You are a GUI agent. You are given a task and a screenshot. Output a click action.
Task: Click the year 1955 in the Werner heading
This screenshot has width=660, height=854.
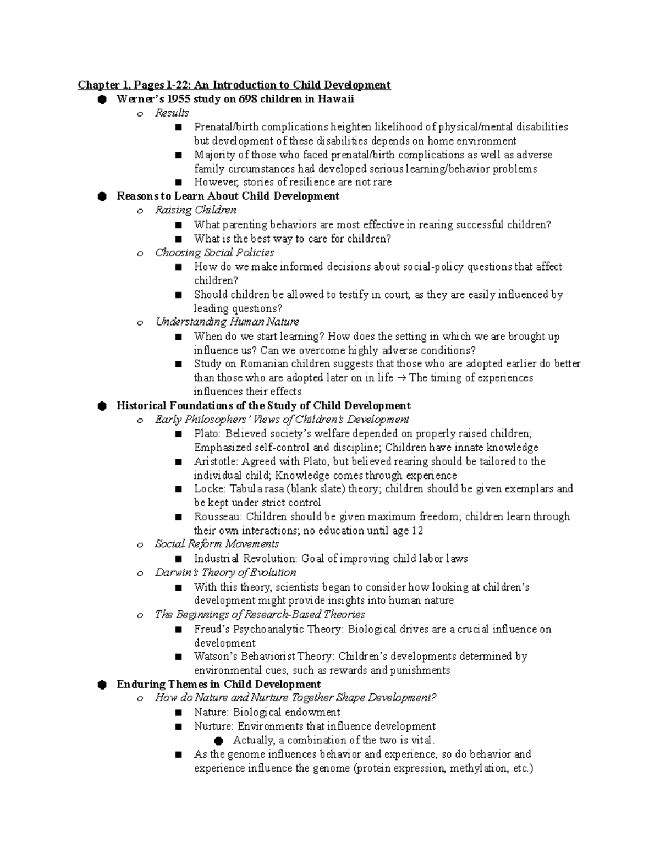pos(180,99)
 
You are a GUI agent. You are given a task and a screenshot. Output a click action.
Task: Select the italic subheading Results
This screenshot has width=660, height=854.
pos(172,113)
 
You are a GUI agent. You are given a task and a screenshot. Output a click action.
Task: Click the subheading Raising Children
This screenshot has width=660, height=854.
pos(196,210)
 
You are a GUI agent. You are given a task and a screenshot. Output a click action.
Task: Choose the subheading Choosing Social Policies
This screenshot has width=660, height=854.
pos(215,252)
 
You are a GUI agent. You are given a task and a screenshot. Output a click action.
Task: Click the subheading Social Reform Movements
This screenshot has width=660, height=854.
pos(217,544)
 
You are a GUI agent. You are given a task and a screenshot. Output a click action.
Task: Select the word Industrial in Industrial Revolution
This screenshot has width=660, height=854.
pos(216,559)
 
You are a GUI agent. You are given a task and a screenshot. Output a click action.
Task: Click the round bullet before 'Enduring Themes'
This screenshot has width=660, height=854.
pos(101,685)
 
